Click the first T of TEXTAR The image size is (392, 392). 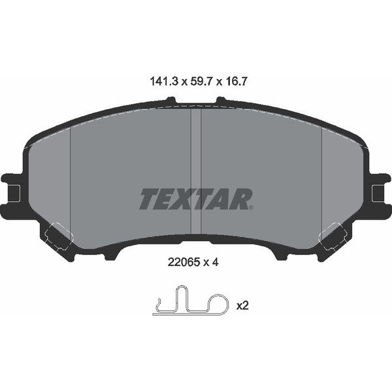(x=147, y=199)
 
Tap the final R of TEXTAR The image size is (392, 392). (x=242, y=199)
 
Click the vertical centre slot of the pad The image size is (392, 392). (x=195, y=170)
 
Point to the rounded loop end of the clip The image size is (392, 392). (x=222, y=301)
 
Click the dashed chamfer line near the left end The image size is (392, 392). (x=69, y=176)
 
